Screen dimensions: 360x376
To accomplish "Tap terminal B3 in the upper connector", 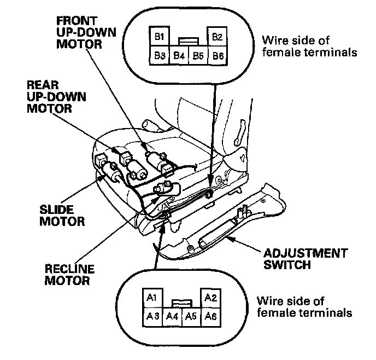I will [x=160, y=55].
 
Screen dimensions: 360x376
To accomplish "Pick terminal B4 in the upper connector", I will [x=179, y=55].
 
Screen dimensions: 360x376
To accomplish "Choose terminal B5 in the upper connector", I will [x=198, y=55].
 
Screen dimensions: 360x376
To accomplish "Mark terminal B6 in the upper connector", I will [x=218, y=55].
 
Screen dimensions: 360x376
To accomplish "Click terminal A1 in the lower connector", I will [x=152, y=298].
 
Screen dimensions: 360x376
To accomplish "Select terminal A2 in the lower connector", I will [x=210, y=298].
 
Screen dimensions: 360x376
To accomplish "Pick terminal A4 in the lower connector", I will [x=172, y=316].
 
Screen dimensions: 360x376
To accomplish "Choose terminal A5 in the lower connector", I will [x=191, y=316].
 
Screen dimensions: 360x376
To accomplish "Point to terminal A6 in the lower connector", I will [x=210, y=316].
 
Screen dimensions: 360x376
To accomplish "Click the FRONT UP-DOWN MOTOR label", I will [x=86, y=32].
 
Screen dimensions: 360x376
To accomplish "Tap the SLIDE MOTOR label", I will [x=62, y=216].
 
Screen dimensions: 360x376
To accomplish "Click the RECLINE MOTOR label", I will [x=69, y=275].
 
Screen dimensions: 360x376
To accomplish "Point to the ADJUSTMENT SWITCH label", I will [x=305, y=259].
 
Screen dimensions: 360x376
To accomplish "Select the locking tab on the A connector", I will [x=181, y=303].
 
